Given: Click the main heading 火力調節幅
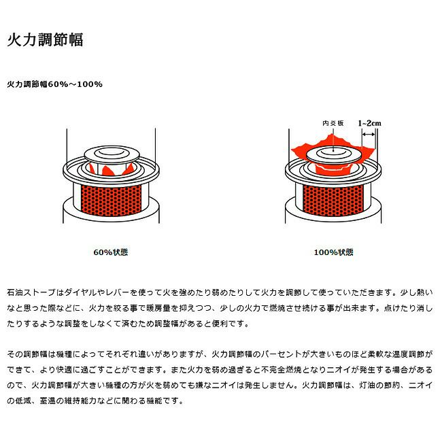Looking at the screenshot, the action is pos(45,39).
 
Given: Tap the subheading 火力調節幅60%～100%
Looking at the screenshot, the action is pos(54,84).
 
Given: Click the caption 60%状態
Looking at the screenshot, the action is pos(110,252).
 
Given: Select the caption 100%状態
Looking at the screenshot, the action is pos(333,252).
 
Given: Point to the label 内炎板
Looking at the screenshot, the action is pos(333,123).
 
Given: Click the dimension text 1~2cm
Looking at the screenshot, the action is pos(369,123).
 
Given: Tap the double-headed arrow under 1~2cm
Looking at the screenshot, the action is pos(369,135).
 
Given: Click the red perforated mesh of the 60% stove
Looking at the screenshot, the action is pos(111,201).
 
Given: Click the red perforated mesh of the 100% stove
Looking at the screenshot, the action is pos(333,201).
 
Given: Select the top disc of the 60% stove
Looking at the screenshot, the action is pos(112,154).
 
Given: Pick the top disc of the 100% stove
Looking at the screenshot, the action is pos(333,154).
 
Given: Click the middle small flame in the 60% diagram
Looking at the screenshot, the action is pos(107,171).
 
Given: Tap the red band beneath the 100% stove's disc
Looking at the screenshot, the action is pos(333,170).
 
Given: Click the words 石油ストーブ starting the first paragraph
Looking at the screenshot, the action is pos(31,292).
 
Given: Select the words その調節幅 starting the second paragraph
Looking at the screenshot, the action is pos(27,354).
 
